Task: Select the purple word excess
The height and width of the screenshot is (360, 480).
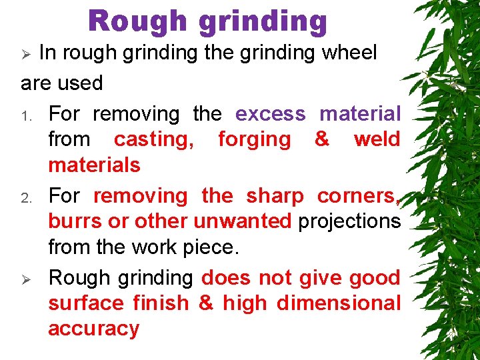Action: click(270, 114)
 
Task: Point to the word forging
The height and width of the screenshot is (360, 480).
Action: click(255, 140)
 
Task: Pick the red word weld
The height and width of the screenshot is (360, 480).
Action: click(377, 139)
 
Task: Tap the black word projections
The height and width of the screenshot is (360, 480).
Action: click(349, 222)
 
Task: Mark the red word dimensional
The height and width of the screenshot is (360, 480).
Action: click(338, 303)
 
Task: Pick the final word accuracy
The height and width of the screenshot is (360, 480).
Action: click(93, 329)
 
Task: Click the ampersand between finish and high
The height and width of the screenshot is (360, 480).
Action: click(206, 303)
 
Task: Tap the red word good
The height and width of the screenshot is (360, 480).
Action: click(375, 277)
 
